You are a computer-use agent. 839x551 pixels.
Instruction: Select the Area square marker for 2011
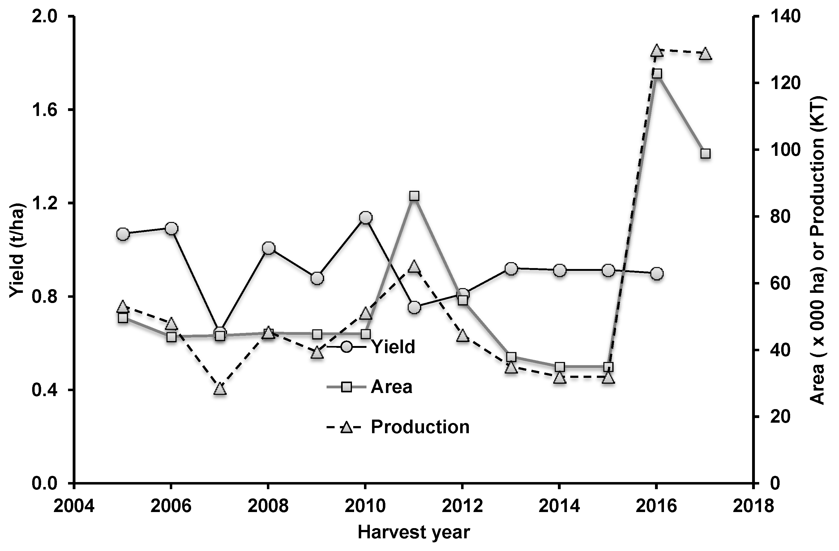414,196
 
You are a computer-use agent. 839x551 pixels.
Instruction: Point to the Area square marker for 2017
705,153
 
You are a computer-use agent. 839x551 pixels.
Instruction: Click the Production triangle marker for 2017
705,54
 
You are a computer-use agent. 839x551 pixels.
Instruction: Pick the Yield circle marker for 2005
123,234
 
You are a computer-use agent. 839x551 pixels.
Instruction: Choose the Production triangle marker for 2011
414,267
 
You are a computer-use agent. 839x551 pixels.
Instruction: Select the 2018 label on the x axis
753,506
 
